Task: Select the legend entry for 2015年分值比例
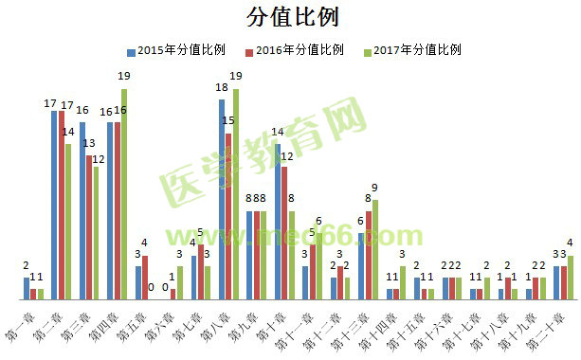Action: [175, 49]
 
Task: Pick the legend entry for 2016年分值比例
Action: [294, 49]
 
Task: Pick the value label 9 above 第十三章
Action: [375, 187]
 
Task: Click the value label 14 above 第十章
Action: [278, 132]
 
